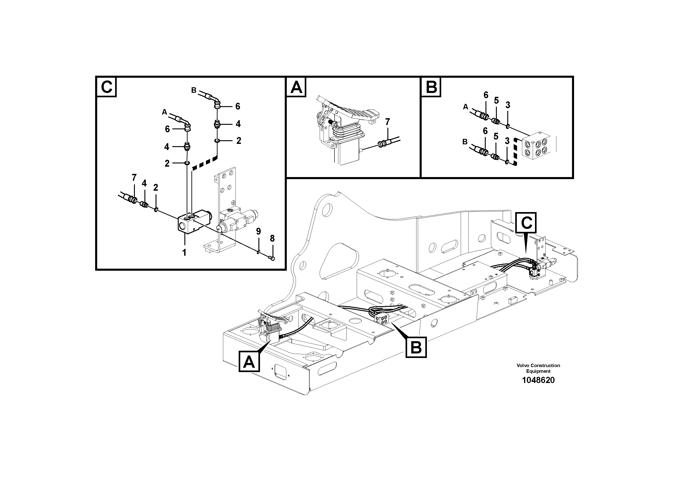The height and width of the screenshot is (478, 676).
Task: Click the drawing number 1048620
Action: tap(538, 380)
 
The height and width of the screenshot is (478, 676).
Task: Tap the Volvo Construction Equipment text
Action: tap(538, 368)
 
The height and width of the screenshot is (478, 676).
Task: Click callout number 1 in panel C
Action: tap(184, 253)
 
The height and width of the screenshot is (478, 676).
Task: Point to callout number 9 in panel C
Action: tap(258, 231)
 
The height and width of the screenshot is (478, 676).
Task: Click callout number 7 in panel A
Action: tap(387, 122)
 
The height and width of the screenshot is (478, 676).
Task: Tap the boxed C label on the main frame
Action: tap(526, 223)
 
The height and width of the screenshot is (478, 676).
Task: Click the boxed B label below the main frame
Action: tap(416, 348)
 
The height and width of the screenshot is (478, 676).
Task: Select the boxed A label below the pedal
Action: tap(249, 362)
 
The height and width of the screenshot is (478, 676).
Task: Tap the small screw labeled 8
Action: tap(272, 258)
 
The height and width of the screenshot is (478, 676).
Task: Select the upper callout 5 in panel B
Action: tap(496, 100)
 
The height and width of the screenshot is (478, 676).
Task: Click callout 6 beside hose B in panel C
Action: tap(238, 106)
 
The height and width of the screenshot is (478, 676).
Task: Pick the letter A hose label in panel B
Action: tap(466, 107)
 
